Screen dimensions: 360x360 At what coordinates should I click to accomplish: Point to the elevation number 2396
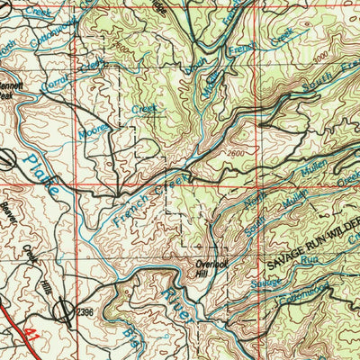(x=85, y=311)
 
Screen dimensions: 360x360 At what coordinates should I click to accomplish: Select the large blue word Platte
(x=42, y=175)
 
